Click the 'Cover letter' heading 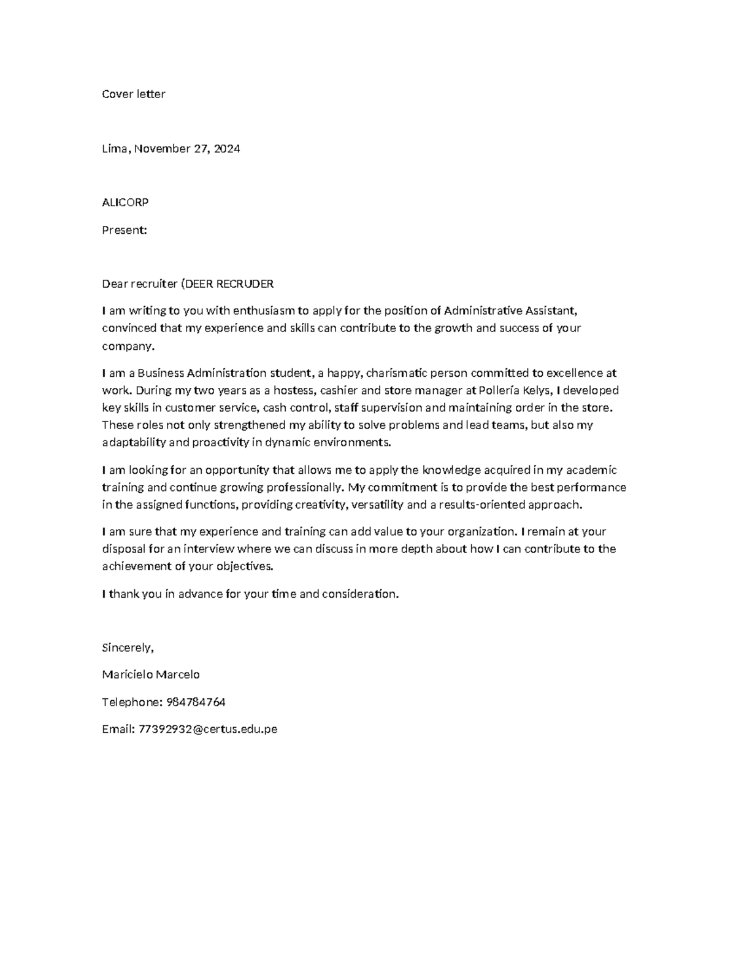pyautogui.click(x=133, y=94)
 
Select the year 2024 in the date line pyautogui.click(x=226, y=149)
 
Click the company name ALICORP pyautogui.click(x=125, y=202)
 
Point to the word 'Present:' pyautogui.click(x=124, y=230)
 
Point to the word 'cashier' pyautogui.click(x=340, y=390)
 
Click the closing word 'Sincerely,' pyautogui.click(x=128, y=647)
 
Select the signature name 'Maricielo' pyautogui.click(x=126, y=674)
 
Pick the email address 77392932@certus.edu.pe pyautogui.click(x=208, y=729)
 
